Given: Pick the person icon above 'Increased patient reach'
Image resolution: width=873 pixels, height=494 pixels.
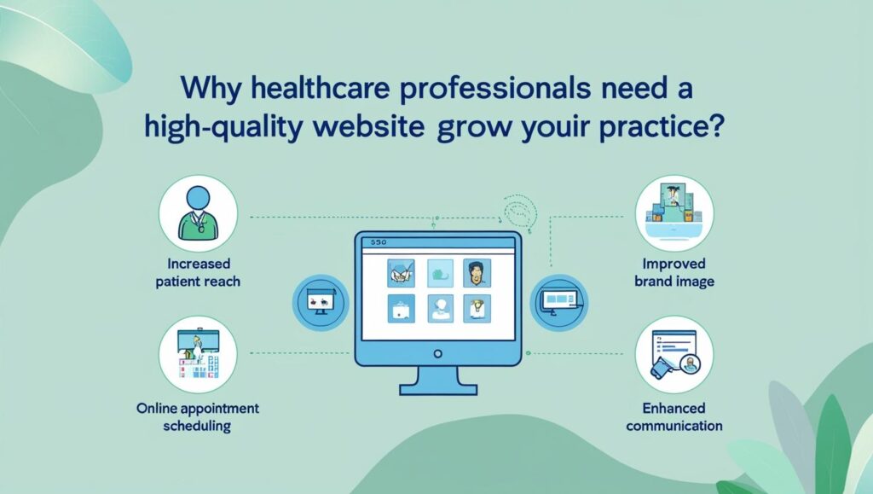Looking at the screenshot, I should click(x=197, y=212).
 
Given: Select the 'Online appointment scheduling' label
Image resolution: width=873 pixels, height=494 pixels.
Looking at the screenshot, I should click(x=197, y=416).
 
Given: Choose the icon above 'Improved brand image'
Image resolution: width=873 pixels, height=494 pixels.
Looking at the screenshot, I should click(x=674, y=212).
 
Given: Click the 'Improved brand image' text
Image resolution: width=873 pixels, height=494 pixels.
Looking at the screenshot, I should click(x=674, y=272).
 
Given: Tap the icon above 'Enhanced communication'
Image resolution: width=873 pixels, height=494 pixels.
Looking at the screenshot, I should click(x=674, y=357).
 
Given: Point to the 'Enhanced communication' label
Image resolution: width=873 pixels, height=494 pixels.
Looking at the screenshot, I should click(x=674, y=416).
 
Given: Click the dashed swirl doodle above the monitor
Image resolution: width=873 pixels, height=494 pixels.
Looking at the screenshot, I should click(x=521, y=208).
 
